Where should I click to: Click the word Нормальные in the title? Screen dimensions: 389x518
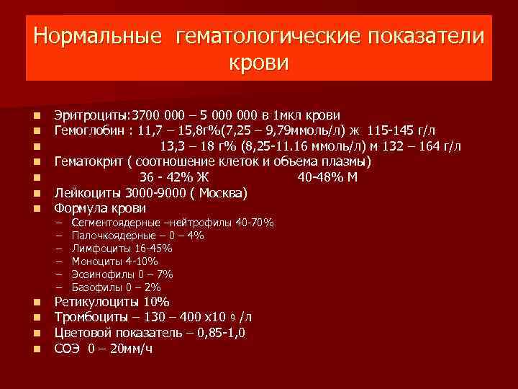tap(97, 35)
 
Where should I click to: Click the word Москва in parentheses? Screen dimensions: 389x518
tap(222, 192)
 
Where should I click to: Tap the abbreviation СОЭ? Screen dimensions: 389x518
tap(68, 349)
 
